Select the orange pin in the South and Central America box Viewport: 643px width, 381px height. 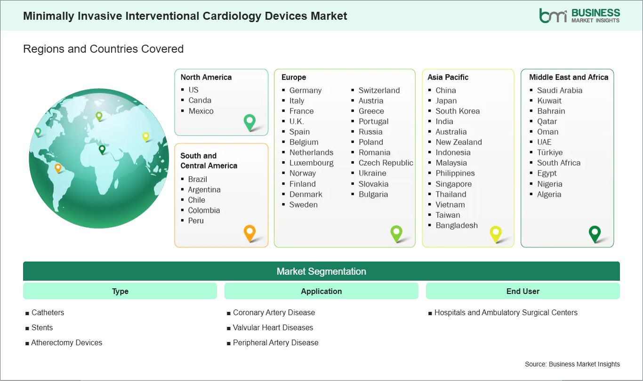click(x=249, y=233)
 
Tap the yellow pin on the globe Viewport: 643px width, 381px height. click(x=146, y=136)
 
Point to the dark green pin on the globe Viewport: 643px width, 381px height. click(x=102, y=150)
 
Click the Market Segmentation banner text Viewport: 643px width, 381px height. click(x=321, y=271)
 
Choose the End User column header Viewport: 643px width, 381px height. click(x=522, y=291)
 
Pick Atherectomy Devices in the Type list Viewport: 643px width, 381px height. click(x=66, y=342)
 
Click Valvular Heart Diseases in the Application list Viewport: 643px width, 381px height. click(x=273, y=327)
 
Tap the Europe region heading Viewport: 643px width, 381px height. click(x=294, y=77)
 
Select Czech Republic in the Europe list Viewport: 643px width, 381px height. click(x=386, y=163)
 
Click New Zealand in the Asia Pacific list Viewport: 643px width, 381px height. click(x=458, y=142)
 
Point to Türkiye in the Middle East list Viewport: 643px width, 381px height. click(x=550, y=152)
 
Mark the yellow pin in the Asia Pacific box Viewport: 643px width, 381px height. click(x=496, y=234)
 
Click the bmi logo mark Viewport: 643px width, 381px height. click(x=553, y=16)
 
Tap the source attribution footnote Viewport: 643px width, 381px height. click(x=572, y=364)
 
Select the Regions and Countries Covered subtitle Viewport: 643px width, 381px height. click(x=104, y=49)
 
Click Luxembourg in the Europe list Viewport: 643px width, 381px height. click(x=312, y=163)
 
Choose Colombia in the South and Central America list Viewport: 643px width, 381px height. click(x=204, y=210)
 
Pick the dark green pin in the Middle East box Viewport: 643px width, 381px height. click(x=595, y=234)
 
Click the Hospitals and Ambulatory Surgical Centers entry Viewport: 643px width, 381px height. click(x=506, y=312)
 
